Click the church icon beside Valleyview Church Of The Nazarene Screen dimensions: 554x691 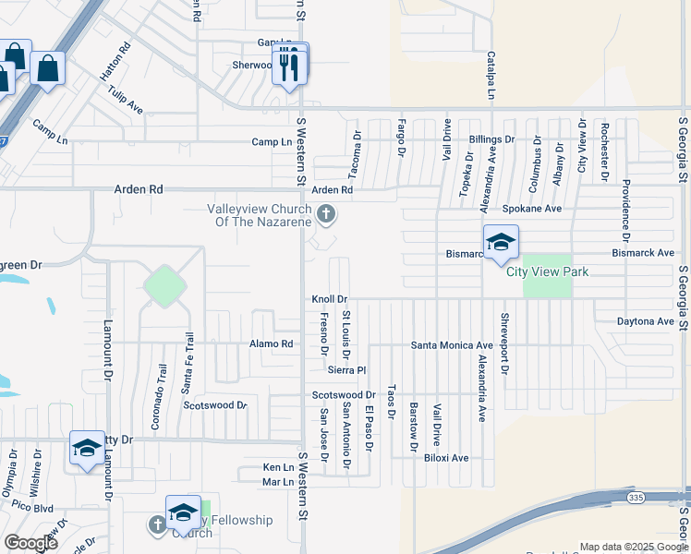tap(325, 215)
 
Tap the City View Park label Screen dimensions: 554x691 tap(548, 272)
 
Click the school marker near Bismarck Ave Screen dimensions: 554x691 tap(501, 243)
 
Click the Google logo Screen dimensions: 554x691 tap(30, 542)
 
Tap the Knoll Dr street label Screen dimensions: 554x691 tap(329, 299)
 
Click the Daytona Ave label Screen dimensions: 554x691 tap(646, 321)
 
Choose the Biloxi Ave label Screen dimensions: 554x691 tap(446, 458)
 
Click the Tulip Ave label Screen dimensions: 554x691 tap(125, 100)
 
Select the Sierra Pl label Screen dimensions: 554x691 tap(347, 369)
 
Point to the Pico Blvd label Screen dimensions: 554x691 tap(32, 509)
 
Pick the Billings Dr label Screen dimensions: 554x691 tap(491, 139)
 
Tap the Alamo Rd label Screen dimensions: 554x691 tap(271, 344)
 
